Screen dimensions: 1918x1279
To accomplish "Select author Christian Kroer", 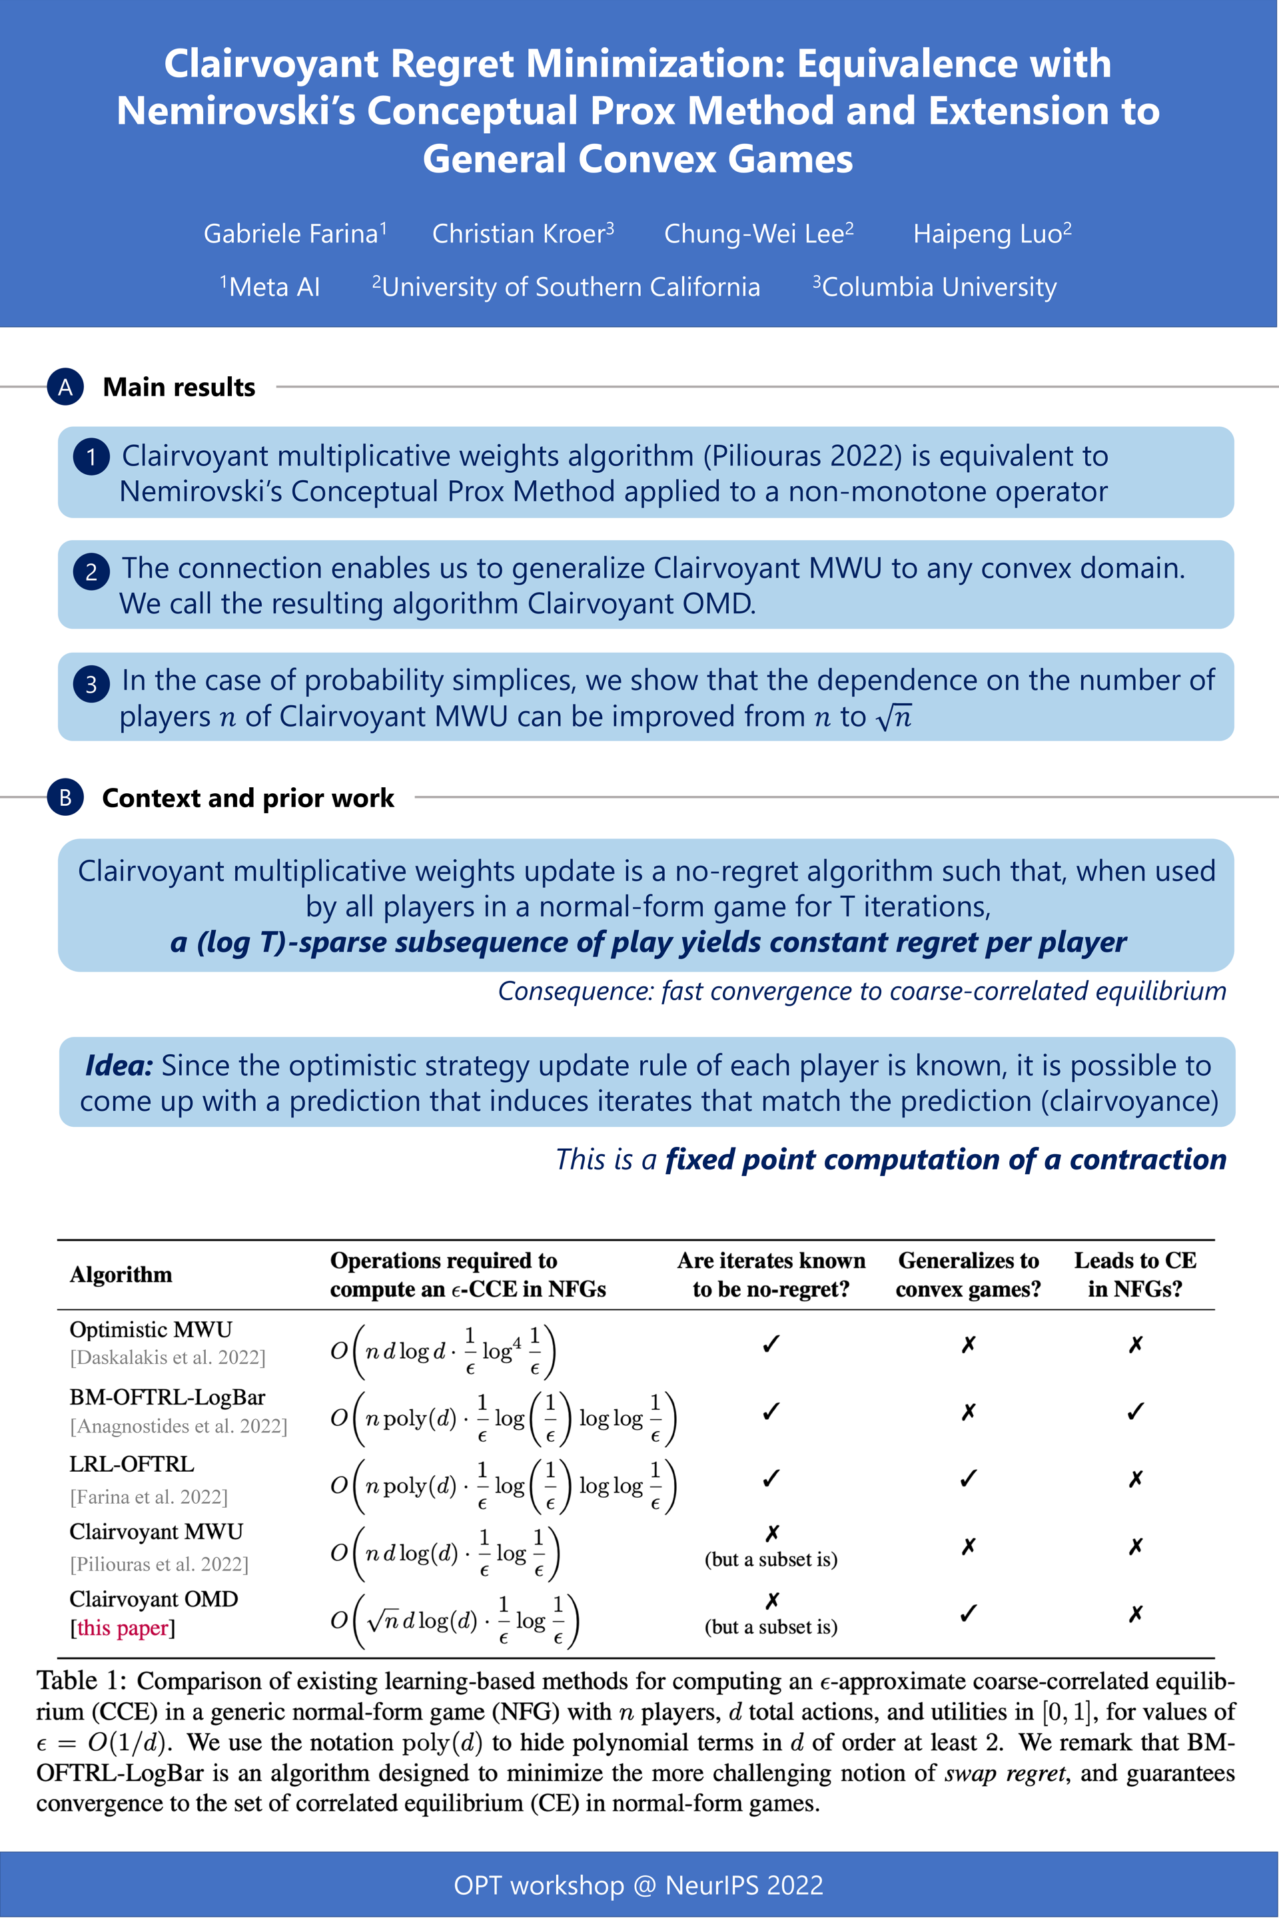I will pos(522,234).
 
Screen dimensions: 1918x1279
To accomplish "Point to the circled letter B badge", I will pos(65,798).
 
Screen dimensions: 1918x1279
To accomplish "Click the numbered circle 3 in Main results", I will pos(91,684).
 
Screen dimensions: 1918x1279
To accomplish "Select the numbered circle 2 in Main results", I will pos(91,571).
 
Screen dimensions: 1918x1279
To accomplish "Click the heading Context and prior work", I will pos(248,798).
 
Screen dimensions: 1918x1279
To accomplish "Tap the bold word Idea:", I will pos(119,1066).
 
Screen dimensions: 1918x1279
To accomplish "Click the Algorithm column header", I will pos(121,1275).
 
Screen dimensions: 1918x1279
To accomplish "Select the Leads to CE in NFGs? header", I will pos(1134,1275).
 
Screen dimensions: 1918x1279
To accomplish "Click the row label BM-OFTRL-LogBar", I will pos(167,1398).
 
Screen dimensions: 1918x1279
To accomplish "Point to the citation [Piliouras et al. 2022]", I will pos(159,1564).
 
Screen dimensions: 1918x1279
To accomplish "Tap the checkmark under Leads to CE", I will pos(1134,1412).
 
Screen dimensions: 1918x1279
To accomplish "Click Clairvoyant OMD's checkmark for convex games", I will pos(968,1614).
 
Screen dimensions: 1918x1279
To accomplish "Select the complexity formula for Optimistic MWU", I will pos(443,1351).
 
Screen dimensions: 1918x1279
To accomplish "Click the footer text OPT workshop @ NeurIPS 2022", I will pos(639,1885).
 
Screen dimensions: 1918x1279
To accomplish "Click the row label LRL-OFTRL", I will pos(132,1464).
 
